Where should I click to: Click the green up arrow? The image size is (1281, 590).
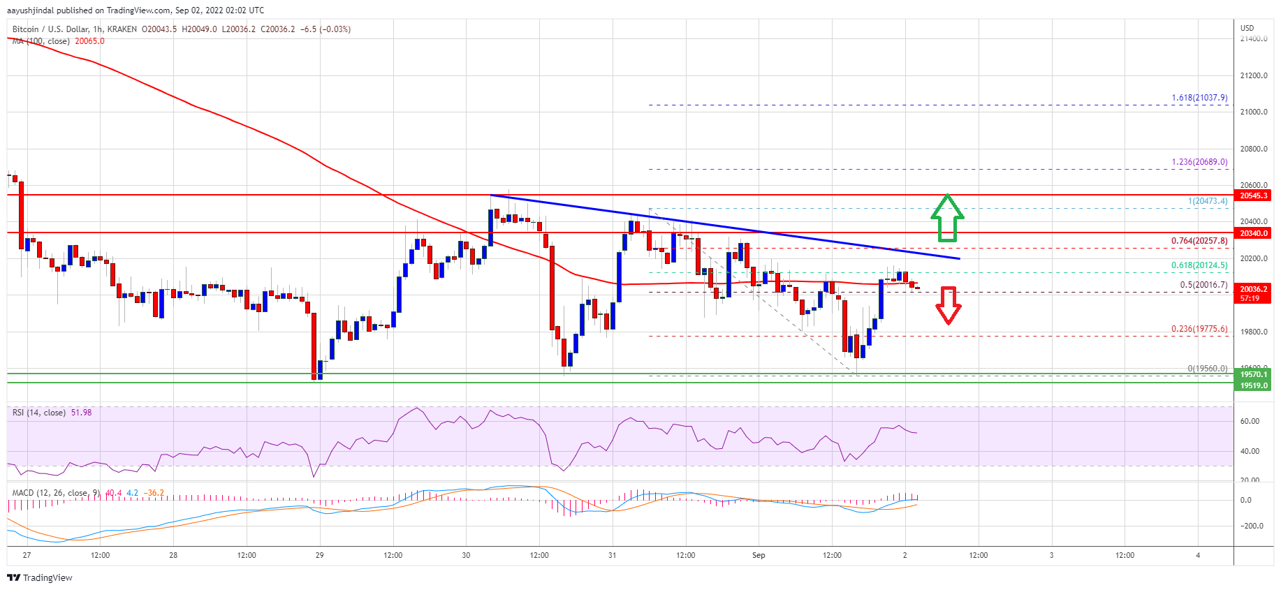(947, 218)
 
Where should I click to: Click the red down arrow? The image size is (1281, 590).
(948, 305)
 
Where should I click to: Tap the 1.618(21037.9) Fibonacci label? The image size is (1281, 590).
(1199, 98)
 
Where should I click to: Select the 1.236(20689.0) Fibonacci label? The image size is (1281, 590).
(1199, 162)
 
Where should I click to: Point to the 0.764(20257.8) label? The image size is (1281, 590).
(1199, 241)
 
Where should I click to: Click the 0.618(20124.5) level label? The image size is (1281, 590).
(1199, 265)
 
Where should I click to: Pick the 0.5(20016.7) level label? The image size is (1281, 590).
(1203, 285)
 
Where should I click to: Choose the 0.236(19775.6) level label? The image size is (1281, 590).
(1199, 328)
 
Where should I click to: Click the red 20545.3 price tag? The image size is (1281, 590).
(1254, 196)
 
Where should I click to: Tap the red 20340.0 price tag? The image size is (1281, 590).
(1254, 233)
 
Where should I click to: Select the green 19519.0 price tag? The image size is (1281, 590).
(1254, 385)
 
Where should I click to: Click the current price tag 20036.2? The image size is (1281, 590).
(1254, 289)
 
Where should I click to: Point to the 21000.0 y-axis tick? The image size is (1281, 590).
(1254, 112)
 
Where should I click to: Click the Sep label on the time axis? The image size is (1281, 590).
(759, 556)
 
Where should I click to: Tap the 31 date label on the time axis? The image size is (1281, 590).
(612, 556)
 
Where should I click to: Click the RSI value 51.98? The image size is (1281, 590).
(81, 413)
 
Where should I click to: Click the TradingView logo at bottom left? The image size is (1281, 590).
(40, 577)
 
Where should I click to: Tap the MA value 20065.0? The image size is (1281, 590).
(89, 41)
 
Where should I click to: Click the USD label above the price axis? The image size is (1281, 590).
(1247, 28)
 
